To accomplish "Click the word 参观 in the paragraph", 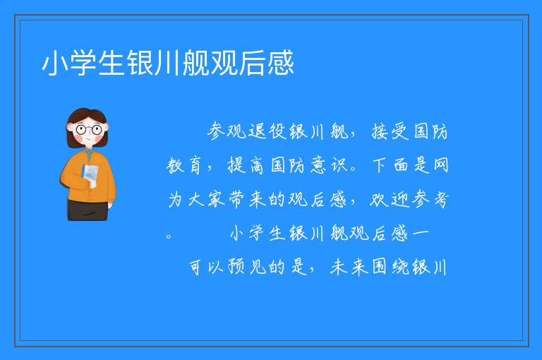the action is (x=227, y=131).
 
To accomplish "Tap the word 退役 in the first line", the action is (x=267, y=131).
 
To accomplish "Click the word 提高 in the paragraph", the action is (x=246, y=165).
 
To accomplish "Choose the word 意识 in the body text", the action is (x=329, y=164).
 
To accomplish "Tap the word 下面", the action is (x=390, y=164).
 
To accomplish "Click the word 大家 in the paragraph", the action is (x=207, y=199).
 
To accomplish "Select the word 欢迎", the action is (x=389, y=200).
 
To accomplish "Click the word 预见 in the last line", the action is (x=246, y=267).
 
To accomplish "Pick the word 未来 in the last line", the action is (x=349, y=267).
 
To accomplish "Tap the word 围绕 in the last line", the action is (x=390, y=267).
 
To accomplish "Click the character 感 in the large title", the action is (x=281, y=63).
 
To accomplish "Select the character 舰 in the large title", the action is (x=196, y=63).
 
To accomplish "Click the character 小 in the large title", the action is (x=55, y=63).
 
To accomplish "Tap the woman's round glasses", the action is (x=88, y=130).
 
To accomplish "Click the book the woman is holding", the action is (x=90, y=174).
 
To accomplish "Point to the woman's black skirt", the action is (x=88, y=210).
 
